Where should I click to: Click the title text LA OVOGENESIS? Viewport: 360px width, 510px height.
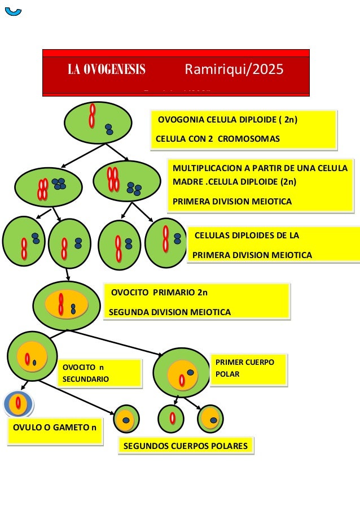coord(107,71)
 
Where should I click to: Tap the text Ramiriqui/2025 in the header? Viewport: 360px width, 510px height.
coord(234,70)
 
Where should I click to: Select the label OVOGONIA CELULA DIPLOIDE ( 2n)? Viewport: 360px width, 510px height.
coord(227,120)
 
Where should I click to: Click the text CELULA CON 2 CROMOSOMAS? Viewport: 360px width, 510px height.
coord(218,139)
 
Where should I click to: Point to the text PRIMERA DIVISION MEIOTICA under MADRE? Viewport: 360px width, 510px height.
coord(232,202)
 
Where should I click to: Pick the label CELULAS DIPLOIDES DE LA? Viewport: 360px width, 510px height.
coord(247,236)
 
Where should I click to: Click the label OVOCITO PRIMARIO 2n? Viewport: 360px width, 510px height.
coord(159,293)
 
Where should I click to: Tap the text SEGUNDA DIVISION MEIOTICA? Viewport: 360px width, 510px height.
coord(169,312)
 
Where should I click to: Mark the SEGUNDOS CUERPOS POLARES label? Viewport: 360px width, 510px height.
coord(186,446)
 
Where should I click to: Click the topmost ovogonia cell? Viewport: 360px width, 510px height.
coord(98,123)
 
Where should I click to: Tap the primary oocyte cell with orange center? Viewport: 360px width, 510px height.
coord(67,306)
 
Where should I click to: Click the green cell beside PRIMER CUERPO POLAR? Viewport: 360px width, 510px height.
coord(181,372)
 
